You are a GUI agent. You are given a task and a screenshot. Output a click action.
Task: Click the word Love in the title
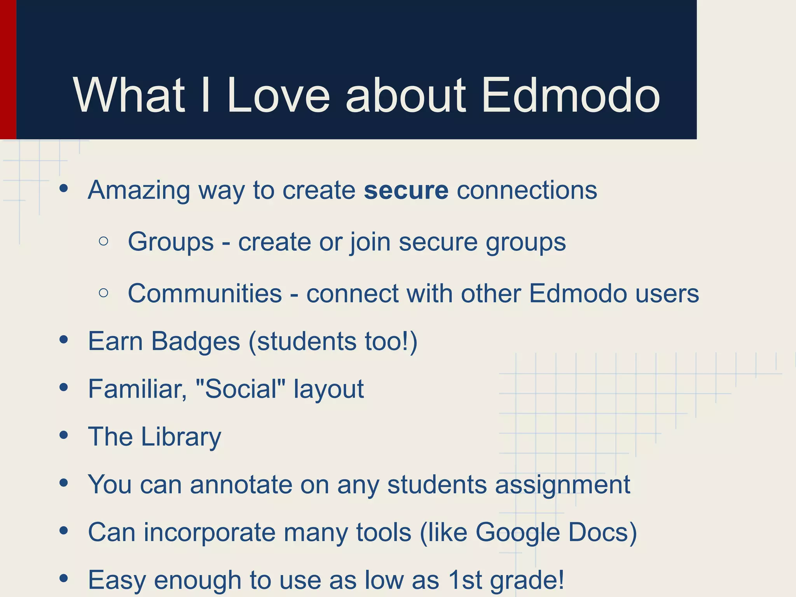pos(278,95)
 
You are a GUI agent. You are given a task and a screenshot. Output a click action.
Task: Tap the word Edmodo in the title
pos(570,95)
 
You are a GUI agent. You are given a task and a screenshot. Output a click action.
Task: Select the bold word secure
pos(406,190)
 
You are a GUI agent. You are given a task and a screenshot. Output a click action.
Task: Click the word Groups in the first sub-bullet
pos(171,242)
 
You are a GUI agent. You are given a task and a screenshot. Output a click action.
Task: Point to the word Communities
pos(205,293)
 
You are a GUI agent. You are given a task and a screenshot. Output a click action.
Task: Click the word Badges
pos(196,341)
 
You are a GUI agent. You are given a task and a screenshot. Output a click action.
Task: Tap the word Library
pos(181,437)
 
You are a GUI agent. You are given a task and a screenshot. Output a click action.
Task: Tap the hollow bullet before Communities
pos(103,293)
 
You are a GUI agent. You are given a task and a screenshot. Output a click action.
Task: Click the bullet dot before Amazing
pos(64,189)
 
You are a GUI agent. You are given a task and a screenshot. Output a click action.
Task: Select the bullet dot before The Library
pos(64,435)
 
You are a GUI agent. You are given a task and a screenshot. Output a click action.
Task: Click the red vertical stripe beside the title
pos(8,69)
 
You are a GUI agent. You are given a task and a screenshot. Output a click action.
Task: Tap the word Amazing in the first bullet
pos(139,191)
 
